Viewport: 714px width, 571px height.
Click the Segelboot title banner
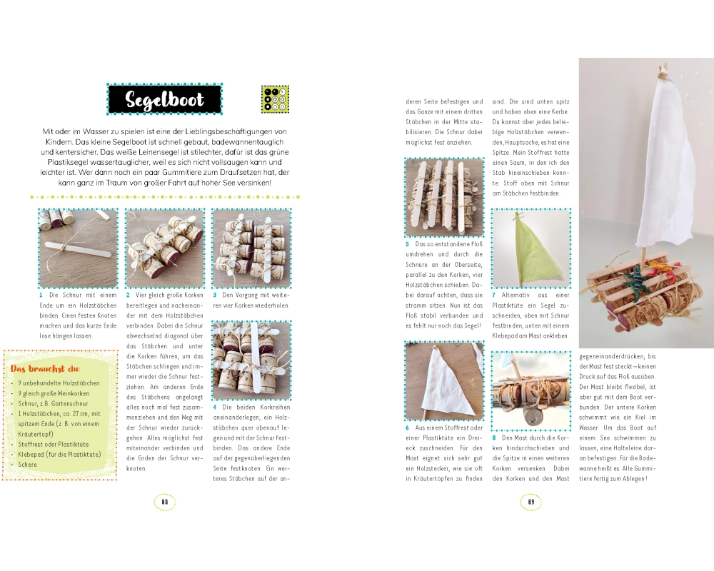(164, 98)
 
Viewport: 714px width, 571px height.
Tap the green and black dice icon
(275, 99)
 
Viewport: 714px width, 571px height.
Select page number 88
(165, 502)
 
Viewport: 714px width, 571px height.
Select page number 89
(531, 502)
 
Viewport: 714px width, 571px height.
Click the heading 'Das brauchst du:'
(45, 368)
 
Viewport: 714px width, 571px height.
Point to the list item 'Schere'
(27, 465)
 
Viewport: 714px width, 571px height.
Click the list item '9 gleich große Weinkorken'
(54, 393)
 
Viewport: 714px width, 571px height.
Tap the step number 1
(41, 295)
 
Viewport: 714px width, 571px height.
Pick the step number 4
(214, 407)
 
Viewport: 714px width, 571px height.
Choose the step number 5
(408, 244)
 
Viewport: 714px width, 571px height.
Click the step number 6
(408, 428)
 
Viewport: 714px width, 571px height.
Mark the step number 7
(494, 295)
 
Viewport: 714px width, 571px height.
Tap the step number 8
(494, 438)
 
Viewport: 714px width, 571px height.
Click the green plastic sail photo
(531, 248)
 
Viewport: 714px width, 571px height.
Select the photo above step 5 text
(444, 197)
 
